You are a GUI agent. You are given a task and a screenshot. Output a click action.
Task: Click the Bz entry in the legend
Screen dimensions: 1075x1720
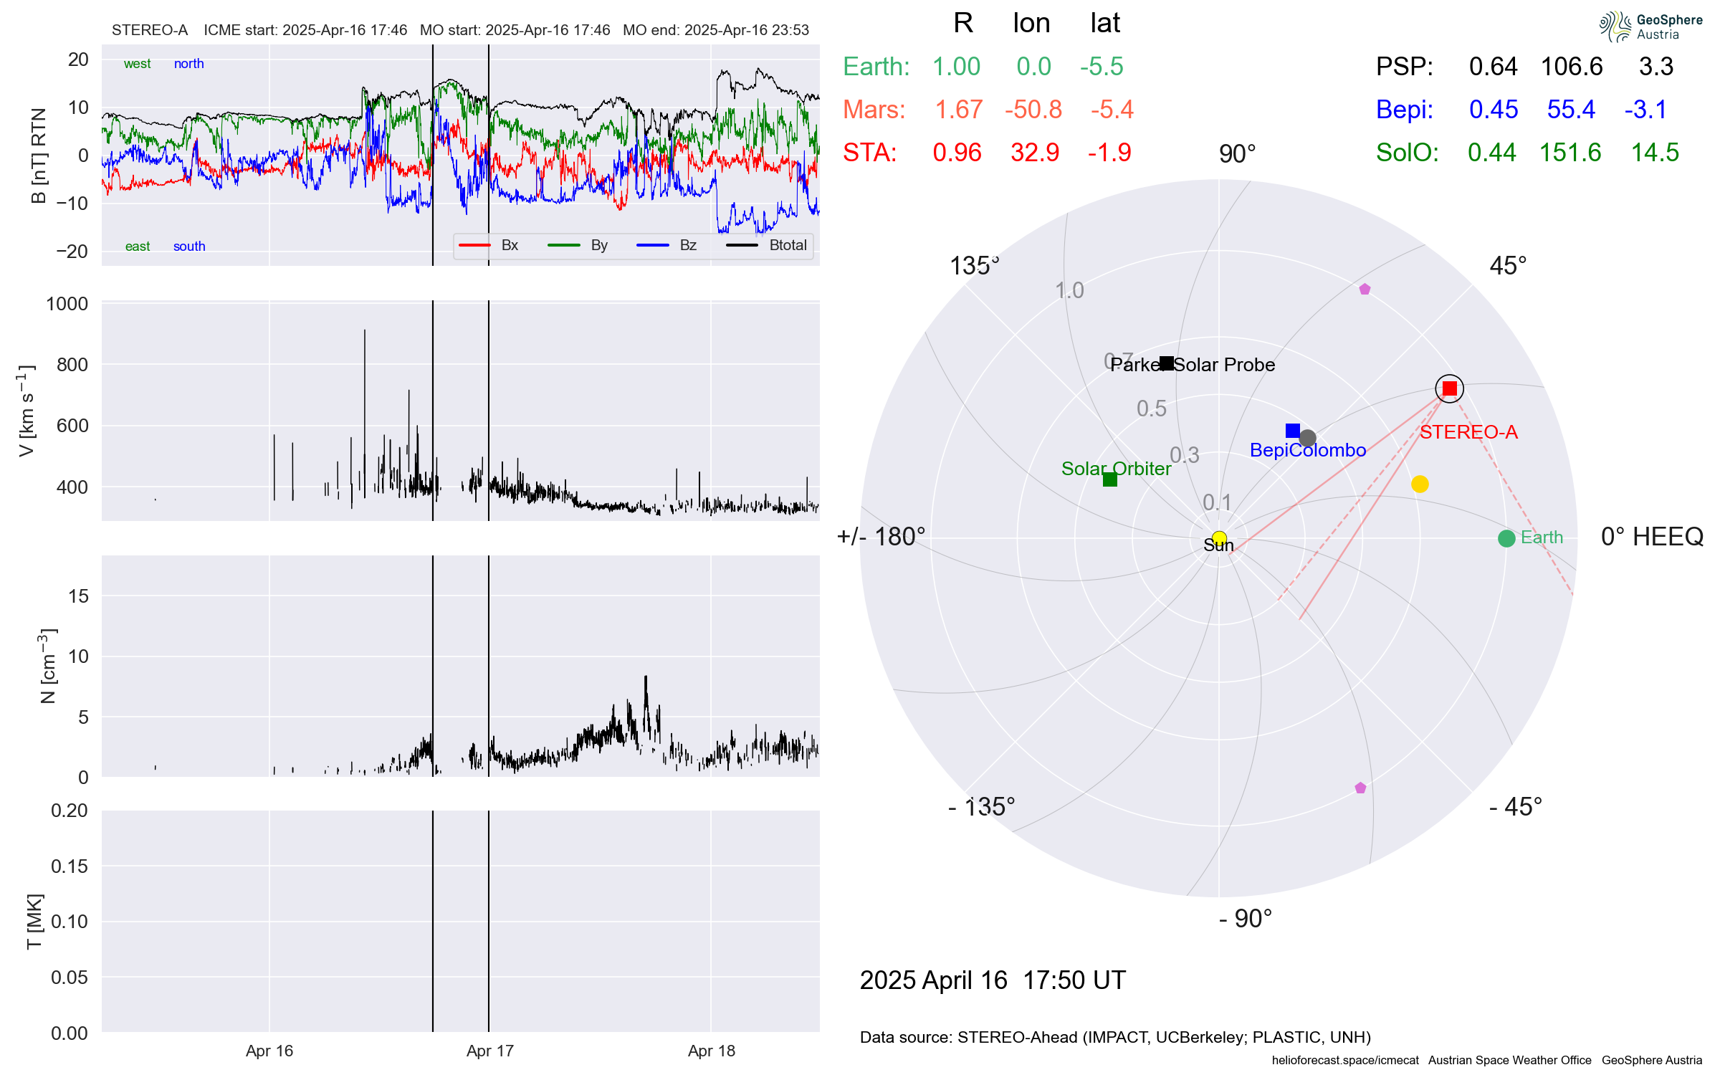pyautogui.click(x=687, y=245)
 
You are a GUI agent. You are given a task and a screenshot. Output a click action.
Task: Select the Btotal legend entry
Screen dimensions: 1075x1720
pyautogui.click(x=787, y=245)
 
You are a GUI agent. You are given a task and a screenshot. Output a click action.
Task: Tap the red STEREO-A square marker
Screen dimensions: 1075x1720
pyautogui.click(x=1450, y=388)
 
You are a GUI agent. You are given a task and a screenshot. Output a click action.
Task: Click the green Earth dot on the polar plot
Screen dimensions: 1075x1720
pyautogui.click(x=1506, y=538)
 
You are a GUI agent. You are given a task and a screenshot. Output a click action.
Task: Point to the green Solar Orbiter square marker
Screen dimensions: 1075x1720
pyautogui.click(x=1110, y=479)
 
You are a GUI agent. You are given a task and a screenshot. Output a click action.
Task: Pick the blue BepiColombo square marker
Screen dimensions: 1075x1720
pyautogui.click(x=1293, y=431)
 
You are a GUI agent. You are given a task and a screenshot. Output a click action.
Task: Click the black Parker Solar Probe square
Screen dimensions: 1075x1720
pyautogui.click(x=1167, y=363)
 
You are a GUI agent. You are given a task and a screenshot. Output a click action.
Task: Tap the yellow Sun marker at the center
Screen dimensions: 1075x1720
pyautogui.click(x=1219, y=538)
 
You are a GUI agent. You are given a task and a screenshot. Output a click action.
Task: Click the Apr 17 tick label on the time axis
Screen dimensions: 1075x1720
pyautogui.click(x=490, y=1051)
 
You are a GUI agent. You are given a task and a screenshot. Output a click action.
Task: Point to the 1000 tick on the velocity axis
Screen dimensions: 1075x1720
pyautogui.click(x=67, y=304)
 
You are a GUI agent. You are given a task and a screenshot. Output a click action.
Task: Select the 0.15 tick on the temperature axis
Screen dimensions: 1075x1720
pyautogui.click(x=70, y=866)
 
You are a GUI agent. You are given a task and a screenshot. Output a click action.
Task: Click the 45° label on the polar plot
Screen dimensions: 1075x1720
pyautogui.click(x=1508, y=266)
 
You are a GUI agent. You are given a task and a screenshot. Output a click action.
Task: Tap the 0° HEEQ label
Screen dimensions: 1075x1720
pyautogui.click(x=1652, y=536)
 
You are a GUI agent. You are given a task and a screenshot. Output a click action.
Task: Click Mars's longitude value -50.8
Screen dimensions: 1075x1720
pyautogui.click(x=1033, y=110)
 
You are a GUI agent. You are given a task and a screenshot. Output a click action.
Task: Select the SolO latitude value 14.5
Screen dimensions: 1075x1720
pyautogui.click(x=1655, y=153)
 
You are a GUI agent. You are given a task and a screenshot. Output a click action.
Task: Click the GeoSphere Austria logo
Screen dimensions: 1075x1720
pyautogui.click(x=1650, y=27)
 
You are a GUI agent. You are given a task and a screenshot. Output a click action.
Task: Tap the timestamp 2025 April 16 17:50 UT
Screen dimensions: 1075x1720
pyautogui.click(x=993, y=980)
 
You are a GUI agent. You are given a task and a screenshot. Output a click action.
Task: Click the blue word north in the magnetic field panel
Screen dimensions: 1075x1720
pyautogui.click(x=188, y=64)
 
